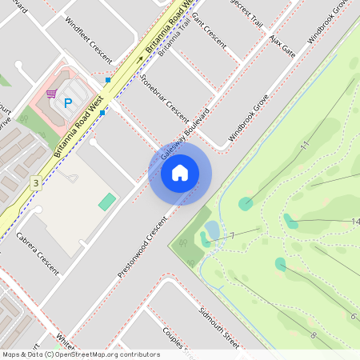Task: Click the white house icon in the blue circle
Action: coord(180,172)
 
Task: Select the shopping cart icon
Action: coord(52,93)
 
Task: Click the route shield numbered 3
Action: coord(35,183)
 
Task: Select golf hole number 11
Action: coord(304,146)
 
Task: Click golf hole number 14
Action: coord(354,222)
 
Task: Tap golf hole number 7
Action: coord(232,237)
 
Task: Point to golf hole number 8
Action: coord(313,334)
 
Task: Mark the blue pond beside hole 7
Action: coord(212,231)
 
